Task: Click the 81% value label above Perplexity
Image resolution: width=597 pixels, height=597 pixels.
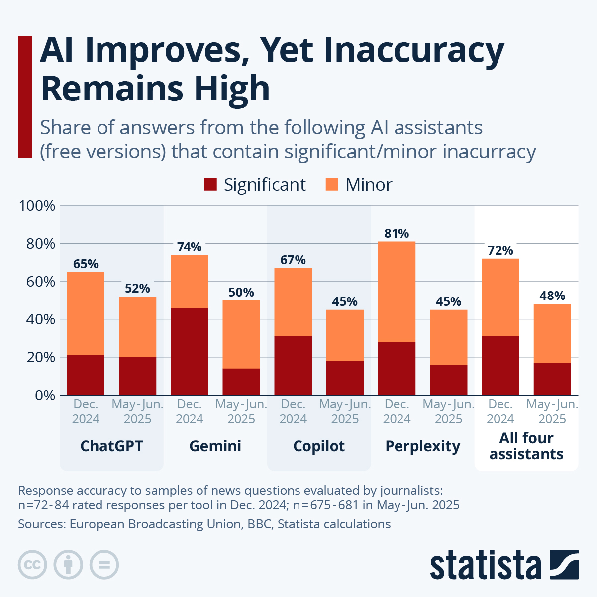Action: (397, 233)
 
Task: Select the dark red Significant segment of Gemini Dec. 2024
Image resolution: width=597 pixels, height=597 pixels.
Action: (189, 351)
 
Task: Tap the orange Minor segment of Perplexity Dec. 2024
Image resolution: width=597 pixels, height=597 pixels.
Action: (397, 292)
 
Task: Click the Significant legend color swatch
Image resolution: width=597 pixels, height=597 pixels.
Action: (210, 185)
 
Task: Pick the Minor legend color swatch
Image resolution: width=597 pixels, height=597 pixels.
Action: (332, 185)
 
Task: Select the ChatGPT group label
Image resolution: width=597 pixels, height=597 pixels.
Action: (111, 446)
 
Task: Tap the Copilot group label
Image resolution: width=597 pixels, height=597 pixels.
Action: (319, 446)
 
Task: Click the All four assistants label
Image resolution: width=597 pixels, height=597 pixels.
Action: (526, 446)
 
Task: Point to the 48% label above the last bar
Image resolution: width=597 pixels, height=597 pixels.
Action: (552, 296)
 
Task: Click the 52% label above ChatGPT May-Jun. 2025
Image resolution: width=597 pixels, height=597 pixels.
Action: (137, 289)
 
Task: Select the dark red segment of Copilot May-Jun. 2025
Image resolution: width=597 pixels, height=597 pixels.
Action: (345, 378)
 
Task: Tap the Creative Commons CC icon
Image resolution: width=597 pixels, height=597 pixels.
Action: (33, 565)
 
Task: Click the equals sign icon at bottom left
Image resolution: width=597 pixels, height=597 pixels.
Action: (104, 565)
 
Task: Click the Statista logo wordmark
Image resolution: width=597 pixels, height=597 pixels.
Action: (485, 565)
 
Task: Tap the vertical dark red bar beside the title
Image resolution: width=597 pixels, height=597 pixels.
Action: (25, 98)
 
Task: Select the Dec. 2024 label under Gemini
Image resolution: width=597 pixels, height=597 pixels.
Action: (189, 412)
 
